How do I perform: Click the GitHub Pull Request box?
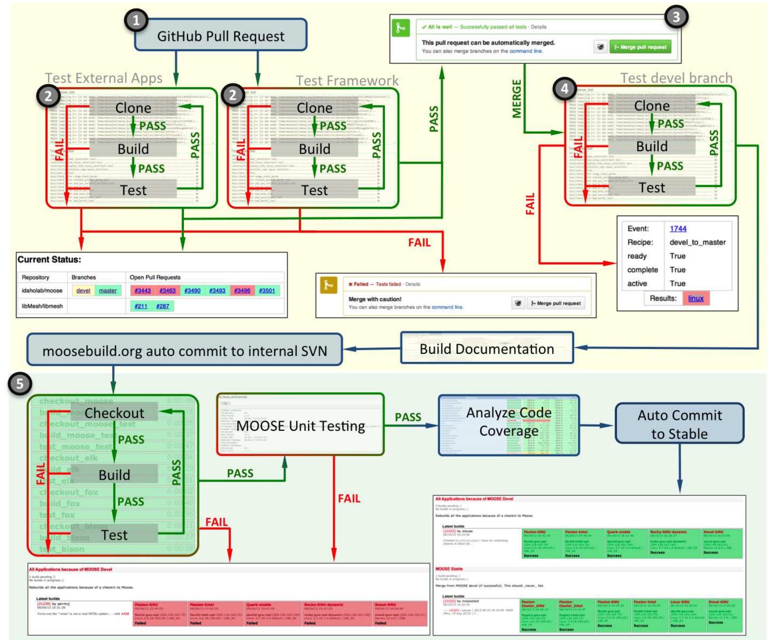[x=221, y=36]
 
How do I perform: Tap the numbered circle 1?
[x=136, y=20]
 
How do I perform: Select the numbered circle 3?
[x=676, y=18]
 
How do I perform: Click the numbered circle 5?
[x=19, y=384]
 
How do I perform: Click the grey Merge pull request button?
[x=556, y=303]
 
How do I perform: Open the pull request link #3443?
[x=143, y=291]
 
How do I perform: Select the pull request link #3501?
[x=267, y=291]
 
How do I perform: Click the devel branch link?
[x=83, y=291]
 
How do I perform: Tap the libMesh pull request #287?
[x=163, y=306]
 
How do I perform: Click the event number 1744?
[x=678, y=229]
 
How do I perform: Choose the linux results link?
[x=696, y=299]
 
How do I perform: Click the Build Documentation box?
[x=487, y=349]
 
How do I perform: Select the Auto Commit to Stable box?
[x=679, y=424]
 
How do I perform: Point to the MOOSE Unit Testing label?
[x=301, y=426]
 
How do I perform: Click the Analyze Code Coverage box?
[x=509, y=422]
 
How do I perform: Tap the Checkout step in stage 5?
[x=114, y=413]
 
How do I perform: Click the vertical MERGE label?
[x=517, y=99]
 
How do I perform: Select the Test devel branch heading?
[x=676, y=78]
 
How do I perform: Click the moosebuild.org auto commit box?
[x=184, y=351]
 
